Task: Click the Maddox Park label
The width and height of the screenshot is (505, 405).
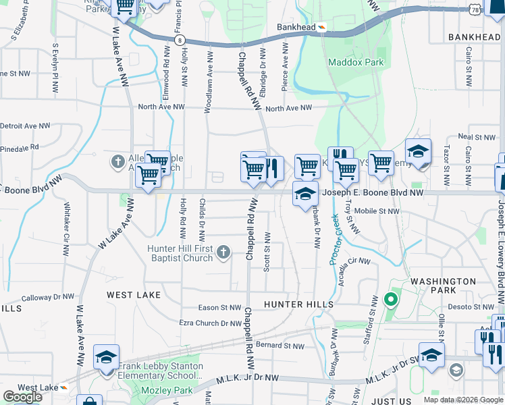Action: click(x=355, y=62)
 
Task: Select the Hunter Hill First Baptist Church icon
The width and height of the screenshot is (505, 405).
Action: click(x=224, y=253)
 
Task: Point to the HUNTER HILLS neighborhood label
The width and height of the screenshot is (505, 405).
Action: click(x=298, y=304)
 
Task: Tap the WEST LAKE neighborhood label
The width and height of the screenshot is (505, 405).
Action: click(x=134, y=295)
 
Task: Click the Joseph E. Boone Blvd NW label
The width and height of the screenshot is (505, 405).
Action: click(x=371, y=192)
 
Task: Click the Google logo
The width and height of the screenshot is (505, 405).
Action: click(x=22, y=397)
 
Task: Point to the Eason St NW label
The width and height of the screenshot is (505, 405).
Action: click(x=215, y=307)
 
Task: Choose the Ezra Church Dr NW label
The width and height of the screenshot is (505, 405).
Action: click(x=210, y=323)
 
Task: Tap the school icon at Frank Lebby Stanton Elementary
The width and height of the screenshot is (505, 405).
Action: click(x=107, y=358)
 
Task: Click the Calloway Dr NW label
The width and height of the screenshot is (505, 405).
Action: click(x=48, y=297)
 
